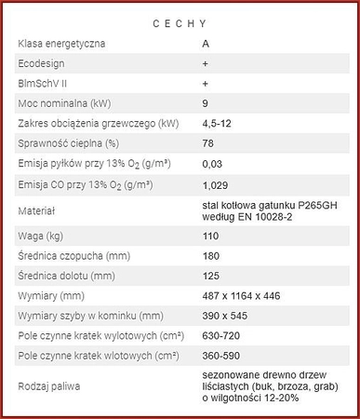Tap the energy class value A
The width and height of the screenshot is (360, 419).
pyautogui.click(x=206, y=43)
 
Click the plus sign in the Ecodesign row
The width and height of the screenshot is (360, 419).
pyautogui.click(x=205, y=62)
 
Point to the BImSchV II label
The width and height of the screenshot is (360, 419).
pyautogui.click(x=44, y=83)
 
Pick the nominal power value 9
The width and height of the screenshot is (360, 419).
pyautogui.click(x=206, y=103)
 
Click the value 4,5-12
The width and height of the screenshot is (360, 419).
pyautogui.click(x=218, y=123)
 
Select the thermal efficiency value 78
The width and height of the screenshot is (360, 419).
pyautogui.click(x=208, y=143)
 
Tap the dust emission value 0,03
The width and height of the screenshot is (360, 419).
pyautogui.click(x=213, y=164)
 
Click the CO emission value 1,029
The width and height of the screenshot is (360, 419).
pyautogui.click(x=217, y=184)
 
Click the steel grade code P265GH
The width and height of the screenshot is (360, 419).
pyautogui.click(x=315, y=205)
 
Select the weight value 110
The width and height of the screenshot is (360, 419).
pyautogui.click(x=211, y=238)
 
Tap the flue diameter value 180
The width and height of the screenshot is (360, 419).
pyautogui.click(x=211, y=258)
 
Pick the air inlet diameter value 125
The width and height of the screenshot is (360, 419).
pyautogui.click(x=211, y=278)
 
